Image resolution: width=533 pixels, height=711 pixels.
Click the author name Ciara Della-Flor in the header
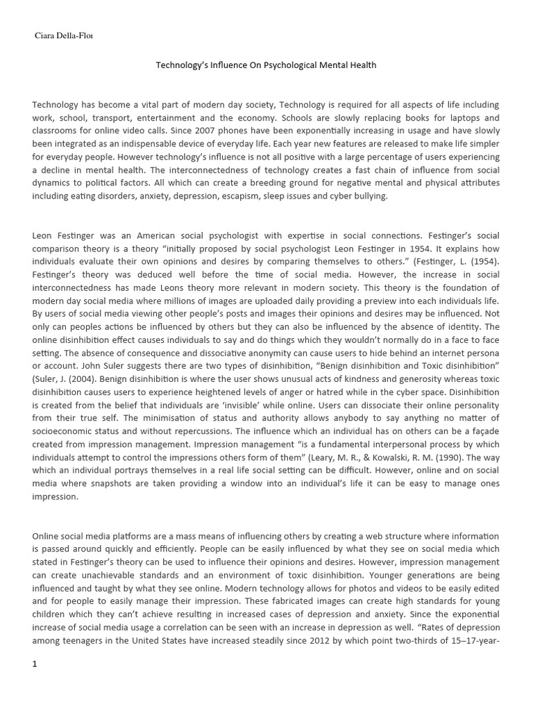(63, 36)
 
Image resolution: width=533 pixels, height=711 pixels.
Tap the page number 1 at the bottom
(35, 664)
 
